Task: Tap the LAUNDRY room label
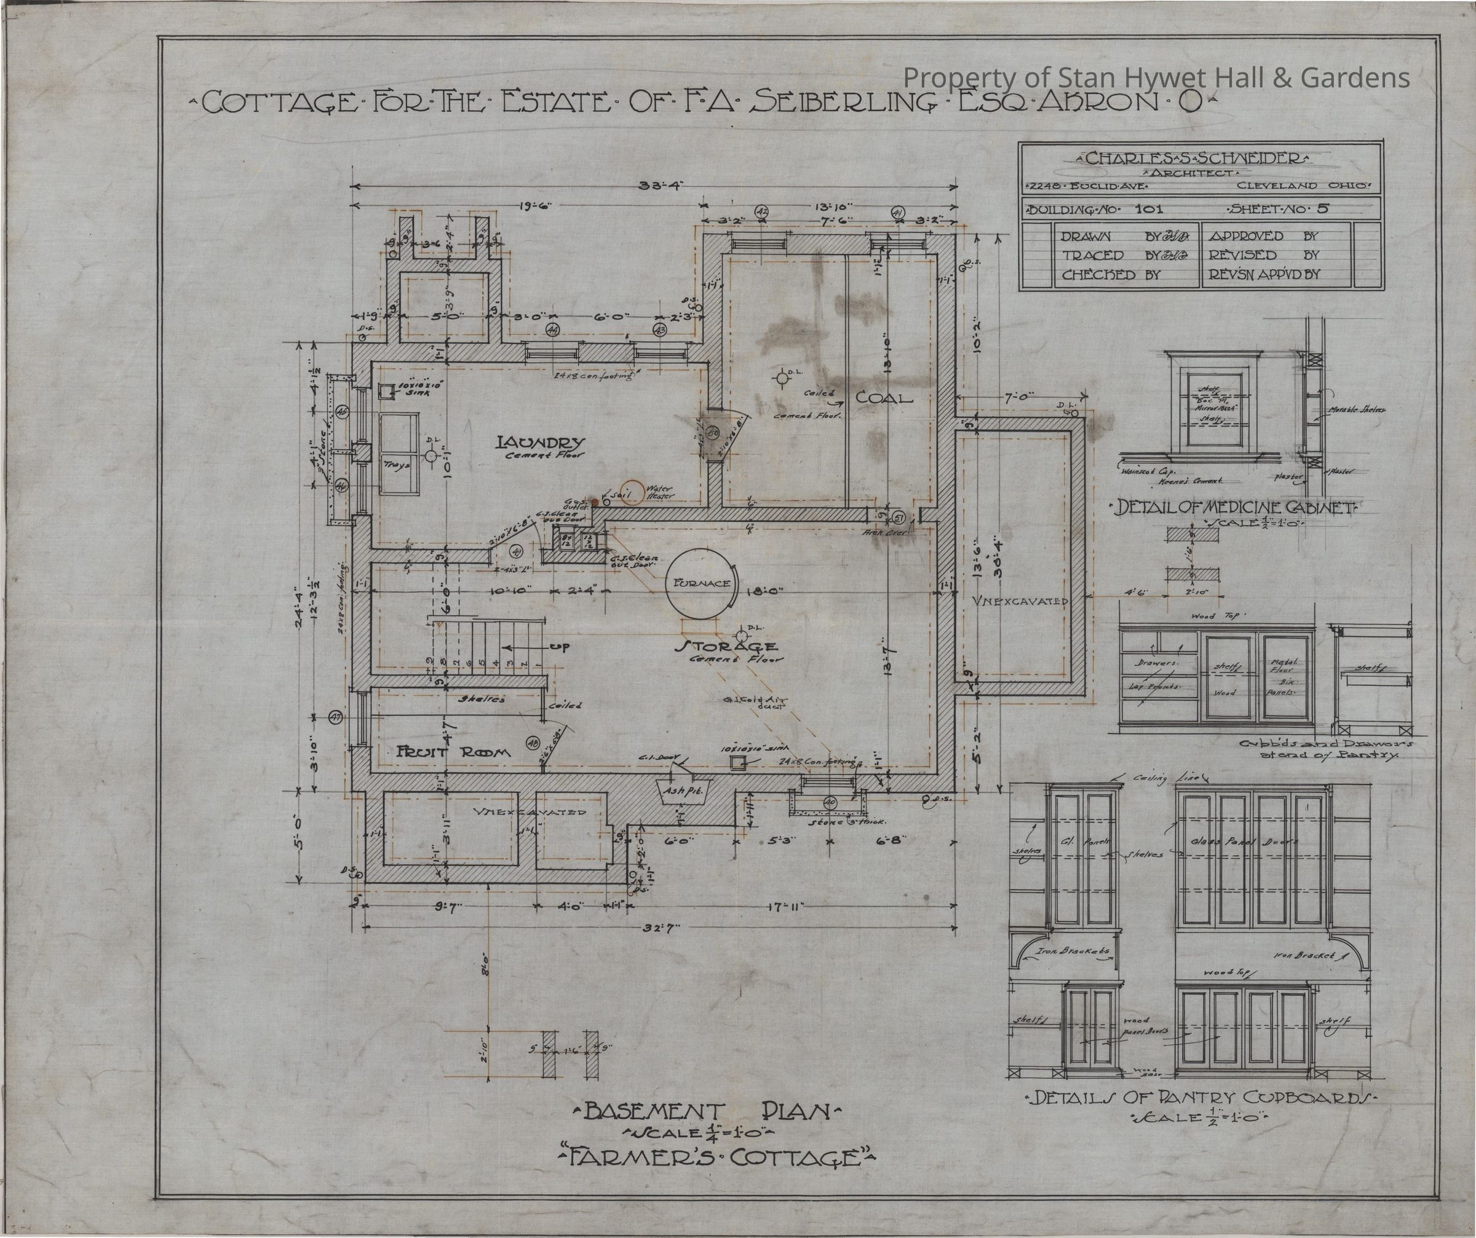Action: coord(540,443)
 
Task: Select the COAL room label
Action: coord(884,398)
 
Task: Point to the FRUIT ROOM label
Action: coord(453,752)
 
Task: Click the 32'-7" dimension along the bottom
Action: coord(661,928)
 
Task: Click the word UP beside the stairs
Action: coord(560,647)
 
